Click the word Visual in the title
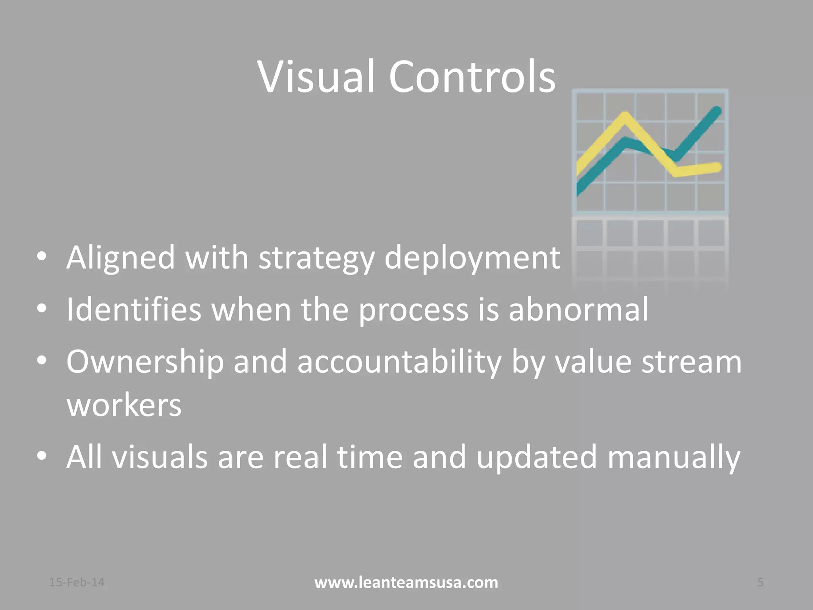click(316, 76)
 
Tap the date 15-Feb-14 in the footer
click(77, 582)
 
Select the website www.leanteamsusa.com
click(406, 583)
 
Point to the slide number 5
click(760, 582)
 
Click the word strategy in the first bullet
click(316, 259)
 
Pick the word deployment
click(472, 259)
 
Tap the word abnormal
click(578, 309)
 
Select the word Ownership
click(145, 362)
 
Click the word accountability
click(399, 362)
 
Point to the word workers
click(124, 405)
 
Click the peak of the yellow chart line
click(625, 117)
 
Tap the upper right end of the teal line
click(717, 111)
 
